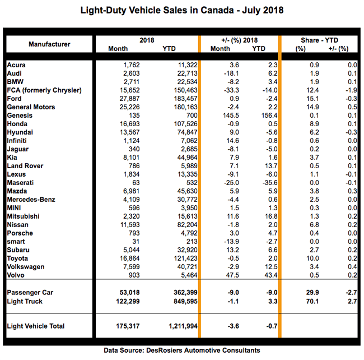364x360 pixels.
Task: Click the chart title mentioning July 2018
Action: coord(182,10)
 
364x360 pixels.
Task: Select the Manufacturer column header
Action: coord(49,44)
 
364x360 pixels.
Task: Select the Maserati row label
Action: coord(22,183)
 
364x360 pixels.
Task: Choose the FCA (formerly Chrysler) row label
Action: coord(44,90)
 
